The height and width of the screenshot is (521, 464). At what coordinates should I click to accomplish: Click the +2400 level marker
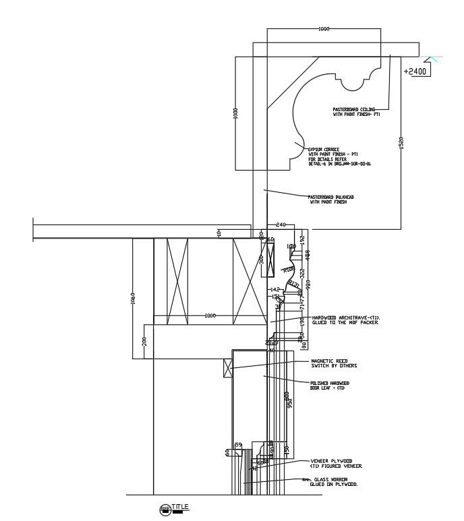point(415,71)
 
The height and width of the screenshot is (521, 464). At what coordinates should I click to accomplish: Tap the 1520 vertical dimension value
point(401,142)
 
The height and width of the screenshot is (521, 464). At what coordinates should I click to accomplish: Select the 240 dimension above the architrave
point(281,224)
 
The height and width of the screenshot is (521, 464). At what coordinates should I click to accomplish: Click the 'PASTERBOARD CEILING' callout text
point(356,111)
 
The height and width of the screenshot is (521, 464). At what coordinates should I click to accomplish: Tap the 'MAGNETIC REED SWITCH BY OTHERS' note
point(333,363)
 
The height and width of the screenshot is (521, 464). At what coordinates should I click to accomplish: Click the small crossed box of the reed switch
point(227,368)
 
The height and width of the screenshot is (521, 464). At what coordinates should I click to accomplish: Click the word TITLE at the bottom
point(180,506)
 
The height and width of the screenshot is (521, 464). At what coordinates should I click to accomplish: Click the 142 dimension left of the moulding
point(274,289)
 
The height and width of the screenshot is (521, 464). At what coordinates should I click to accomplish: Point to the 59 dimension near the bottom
point(237,444)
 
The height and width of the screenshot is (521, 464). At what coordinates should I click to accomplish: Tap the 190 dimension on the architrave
point(303,321)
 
